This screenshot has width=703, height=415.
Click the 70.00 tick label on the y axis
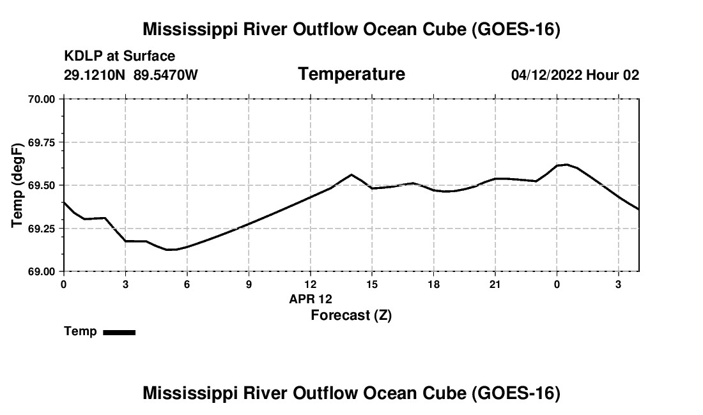(x=42, y=99)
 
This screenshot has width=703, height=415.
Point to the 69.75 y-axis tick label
(x=42, y=142)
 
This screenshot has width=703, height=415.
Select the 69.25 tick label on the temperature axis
(x=42, y=229)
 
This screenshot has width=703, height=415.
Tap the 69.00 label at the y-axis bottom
(x=42, y=272)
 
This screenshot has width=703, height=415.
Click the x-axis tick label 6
(x=187, y=285)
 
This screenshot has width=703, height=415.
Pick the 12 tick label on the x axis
(x=310, y=285)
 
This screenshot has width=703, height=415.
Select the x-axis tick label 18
(x=433, y=285)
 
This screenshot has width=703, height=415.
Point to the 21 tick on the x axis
(x=495, y=285)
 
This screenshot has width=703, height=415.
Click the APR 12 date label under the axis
(x=311, y=299)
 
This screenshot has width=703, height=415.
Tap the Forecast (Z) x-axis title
(x=351, y=315)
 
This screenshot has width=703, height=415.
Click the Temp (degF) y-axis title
(x=17, y=185)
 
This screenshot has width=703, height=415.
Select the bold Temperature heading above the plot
(x=351, y=74)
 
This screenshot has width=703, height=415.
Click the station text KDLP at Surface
(x=120, y=56)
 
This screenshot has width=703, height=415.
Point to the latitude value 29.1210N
(x=95, y=75)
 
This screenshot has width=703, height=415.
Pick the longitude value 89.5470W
(x=166, y=75)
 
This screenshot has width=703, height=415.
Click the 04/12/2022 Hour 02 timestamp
(x=575, y=75)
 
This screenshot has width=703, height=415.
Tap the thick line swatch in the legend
(x=120, y=332)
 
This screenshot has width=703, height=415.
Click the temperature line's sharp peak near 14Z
(x=351, y=174)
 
